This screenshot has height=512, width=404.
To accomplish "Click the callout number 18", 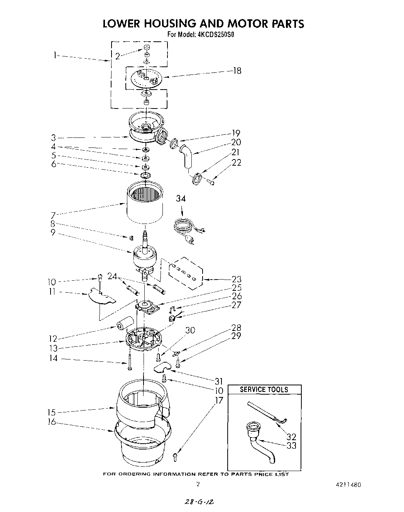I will pyautogui.click(x=237, y=71).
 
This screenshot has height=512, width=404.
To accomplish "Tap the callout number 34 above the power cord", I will pyautogui.click(x=181, y=198).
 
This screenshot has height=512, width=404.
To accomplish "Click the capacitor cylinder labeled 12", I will pyautogui.click(x=125, y=322).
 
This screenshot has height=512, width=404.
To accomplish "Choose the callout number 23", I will pyautogui.click(x=237, y=279).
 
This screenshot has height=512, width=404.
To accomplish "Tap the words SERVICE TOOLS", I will pyautogui.click(x=264, y=389).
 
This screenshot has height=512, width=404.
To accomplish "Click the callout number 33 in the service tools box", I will pyautogui.click(x=291, y=445).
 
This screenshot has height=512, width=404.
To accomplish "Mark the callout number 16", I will pyautogui.click(x=52, y=422).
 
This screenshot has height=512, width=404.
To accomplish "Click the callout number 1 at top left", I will pyautogui.click(x=56, y=55).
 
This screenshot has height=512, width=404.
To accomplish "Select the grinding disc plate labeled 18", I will pyautogui.click(x=145, y=78).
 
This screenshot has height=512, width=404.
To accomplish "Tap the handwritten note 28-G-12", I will pyautogui.click(x=199, y=502).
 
